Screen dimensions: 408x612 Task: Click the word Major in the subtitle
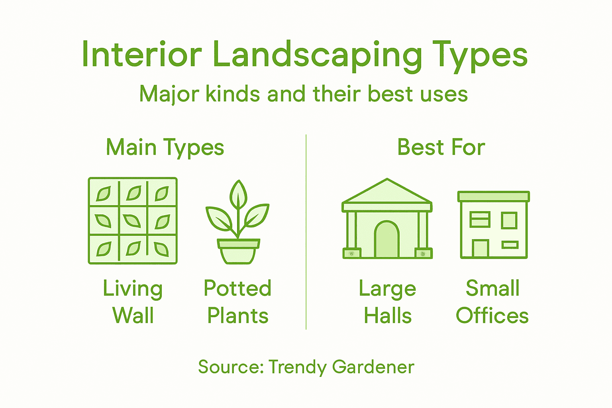pos(169,94)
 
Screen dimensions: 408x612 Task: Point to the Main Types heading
pos(165,147)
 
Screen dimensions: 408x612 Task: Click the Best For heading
pos(441,147)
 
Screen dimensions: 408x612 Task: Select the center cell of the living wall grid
pos(133,220)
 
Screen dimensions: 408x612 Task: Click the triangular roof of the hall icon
pos(387,192)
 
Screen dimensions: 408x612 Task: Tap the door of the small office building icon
pos(480,249)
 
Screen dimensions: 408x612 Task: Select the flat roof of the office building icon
pos(494,196)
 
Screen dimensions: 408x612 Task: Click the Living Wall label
pos(133,302)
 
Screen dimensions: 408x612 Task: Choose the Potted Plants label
pos(238,302)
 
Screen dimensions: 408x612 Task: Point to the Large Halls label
pos(387,302)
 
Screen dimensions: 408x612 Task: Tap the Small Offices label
pos(492,302)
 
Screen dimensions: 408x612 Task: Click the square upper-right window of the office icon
pos(509,220)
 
